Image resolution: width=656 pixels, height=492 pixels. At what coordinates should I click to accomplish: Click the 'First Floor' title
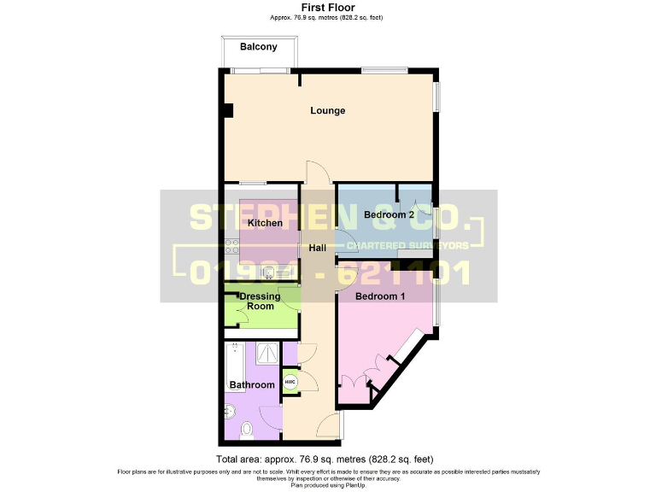click(x=328, y=7)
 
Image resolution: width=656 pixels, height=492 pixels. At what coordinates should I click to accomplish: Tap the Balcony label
click(x=257, y=48)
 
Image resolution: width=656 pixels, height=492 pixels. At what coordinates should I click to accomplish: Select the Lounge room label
click(x=328, y=111)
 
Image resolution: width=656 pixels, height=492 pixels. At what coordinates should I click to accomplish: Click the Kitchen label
click(x=265, y=223)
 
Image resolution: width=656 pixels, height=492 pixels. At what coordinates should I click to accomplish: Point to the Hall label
click(x=318, y=249)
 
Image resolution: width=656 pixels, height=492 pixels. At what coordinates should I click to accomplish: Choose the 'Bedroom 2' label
click(x=389, y=215)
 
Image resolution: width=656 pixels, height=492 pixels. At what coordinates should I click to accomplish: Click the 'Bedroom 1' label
click(x=380, y=296)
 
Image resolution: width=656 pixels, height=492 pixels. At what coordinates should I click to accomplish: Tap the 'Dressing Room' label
click(x=260, y=302)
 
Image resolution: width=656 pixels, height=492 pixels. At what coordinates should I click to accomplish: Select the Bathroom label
click(x=252, y=385)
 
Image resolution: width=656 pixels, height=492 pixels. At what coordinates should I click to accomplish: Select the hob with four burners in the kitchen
click(x=231, y=248)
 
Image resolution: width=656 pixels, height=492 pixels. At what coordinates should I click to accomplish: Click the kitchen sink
click(x=269, y=273)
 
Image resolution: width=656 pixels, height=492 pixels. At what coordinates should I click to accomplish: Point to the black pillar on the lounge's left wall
click(x=227, y=110)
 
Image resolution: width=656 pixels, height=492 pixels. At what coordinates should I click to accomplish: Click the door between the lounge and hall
click(x=315, y=173)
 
